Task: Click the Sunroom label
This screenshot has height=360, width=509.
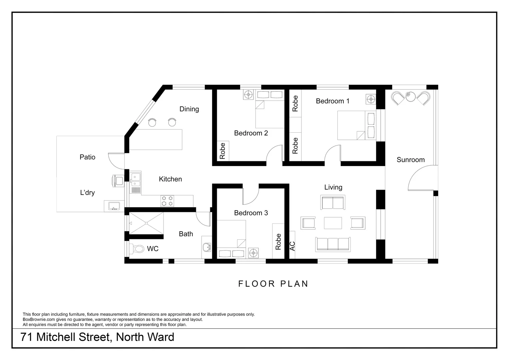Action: click(x=410, y=160)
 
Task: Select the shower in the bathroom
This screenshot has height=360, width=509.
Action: click(x=146, y=224)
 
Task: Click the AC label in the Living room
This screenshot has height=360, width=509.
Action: click(x=292, y=246)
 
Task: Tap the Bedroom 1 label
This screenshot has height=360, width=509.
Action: click(x=332, y=101)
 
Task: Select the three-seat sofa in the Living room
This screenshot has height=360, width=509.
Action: click(x=333, y=244)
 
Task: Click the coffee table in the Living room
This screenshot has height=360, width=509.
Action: click(x=333, y=223)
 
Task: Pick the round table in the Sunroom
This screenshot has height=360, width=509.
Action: click(x=410, y=97)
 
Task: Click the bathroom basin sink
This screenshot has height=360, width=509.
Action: click(x=207, y=247)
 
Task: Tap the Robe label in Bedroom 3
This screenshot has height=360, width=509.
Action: click(x=278, y=242)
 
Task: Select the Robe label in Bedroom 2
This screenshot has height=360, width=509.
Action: click(x=223, y=151)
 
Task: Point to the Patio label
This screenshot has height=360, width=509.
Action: click(x=87, y=157)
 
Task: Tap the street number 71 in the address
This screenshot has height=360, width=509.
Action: click(x=27, y=337)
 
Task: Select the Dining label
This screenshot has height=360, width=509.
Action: click(x=189, y=109)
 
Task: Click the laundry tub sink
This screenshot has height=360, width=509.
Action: click(x=114, y=206)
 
